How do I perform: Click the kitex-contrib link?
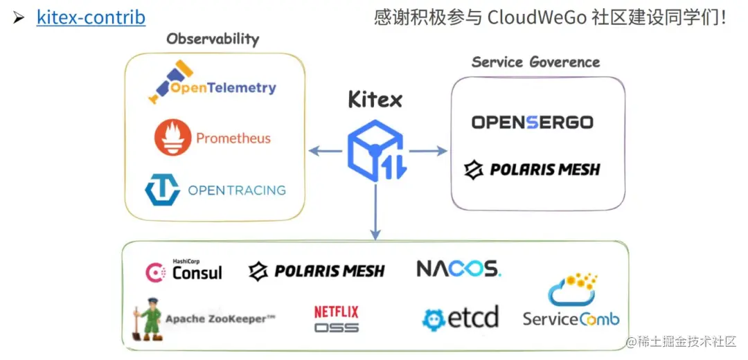click(91, 17)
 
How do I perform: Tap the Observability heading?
click(213, 39)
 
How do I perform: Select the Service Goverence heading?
click(535, 62)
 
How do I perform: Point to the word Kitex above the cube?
click(375, 100)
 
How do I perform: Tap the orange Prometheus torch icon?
click(172, 137)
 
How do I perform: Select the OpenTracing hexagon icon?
click(162, 190)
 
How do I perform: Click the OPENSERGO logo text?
click(532, 123)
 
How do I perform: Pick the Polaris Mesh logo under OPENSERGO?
click(532, 170)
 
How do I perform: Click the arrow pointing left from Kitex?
click(324, 151)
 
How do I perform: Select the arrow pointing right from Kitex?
click(430, 151)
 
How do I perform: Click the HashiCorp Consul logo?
click(184, 271)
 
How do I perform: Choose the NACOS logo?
click(458, 269)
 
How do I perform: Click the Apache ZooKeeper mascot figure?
click(148, 319)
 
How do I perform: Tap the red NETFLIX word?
click(337, 312)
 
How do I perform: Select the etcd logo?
click(461, 318)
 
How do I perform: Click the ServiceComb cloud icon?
click(571, 290)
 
